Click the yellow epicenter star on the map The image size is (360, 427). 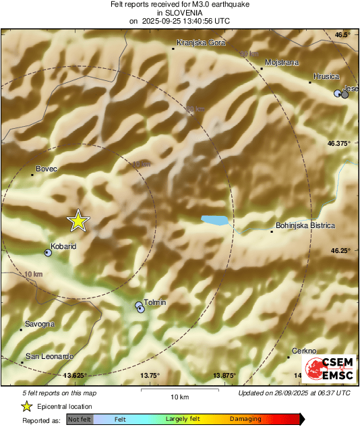coord(78,220)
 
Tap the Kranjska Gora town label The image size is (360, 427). coord(195,42)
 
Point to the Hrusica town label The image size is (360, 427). coord(326,76)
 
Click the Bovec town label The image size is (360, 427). coord(46,168)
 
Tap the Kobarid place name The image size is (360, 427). coord(63,246)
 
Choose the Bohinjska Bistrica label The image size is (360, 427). coord(305,225)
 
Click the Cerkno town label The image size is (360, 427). coord(303,351)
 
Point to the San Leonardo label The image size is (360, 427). coord(49,355)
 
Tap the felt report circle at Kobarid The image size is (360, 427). coord(47,253)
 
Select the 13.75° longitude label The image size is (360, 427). coord(149,375)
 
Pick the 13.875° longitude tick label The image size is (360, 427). coord(228,375)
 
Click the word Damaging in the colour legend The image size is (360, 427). coord(245,419)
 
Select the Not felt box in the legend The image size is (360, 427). coord(80,419)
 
